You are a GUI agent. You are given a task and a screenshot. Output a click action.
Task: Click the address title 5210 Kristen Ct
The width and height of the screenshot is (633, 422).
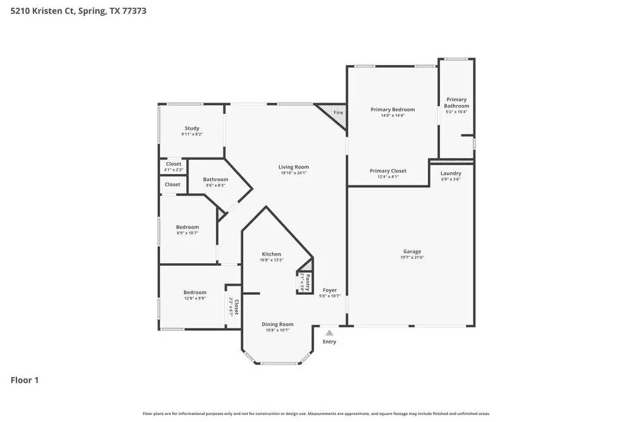78,11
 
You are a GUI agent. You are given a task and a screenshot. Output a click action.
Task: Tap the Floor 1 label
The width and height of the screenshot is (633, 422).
25,380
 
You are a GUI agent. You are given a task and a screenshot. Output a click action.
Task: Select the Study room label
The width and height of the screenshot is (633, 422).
192,128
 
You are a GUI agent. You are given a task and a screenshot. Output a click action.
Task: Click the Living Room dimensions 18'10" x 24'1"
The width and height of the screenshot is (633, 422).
294,173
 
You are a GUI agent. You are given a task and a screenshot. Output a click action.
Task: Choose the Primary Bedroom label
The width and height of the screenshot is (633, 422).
392,109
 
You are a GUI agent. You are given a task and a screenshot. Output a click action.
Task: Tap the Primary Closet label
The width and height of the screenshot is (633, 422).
388,171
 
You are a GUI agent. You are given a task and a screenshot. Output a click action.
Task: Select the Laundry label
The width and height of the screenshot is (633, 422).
451,173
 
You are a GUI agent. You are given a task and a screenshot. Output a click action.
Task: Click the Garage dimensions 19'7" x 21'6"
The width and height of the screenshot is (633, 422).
411,258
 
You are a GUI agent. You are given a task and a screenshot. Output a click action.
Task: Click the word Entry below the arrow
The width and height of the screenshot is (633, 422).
329,342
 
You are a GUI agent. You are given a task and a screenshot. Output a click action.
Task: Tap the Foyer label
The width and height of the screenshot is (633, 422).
330,290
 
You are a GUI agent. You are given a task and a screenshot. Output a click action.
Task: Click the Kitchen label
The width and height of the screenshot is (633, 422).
272,254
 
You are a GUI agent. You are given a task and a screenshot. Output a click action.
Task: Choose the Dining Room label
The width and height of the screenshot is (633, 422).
278,325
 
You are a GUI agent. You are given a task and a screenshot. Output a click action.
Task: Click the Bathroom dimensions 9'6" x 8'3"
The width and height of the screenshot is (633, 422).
215,185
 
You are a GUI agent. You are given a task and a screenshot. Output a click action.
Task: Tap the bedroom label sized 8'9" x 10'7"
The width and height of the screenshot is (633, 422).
187,233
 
